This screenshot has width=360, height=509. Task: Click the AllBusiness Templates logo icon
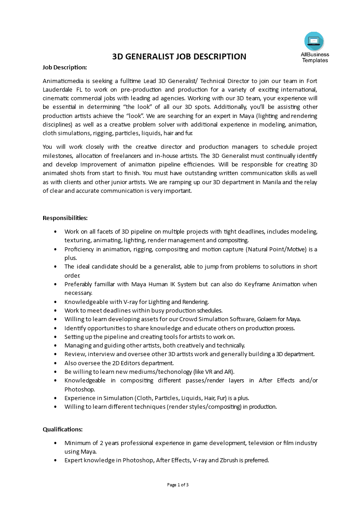(314, 41)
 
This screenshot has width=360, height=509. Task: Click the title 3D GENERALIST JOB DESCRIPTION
(179, 57)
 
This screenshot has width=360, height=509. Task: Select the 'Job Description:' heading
(64, 68)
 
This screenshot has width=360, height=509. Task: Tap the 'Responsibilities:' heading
(65, 218)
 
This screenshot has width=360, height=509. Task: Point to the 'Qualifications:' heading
(63, 429)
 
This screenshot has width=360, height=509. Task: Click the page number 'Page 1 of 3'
(178, 485)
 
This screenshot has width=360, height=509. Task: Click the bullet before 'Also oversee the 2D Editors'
(55, 363)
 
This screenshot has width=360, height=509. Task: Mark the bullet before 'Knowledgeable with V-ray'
(55, 302)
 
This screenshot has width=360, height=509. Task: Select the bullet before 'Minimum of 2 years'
(55, 443)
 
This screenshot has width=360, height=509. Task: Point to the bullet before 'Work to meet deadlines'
(55, 310)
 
